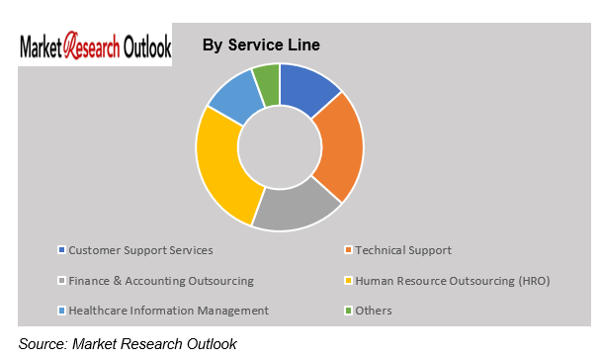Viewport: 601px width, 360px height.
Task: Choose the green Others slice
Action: [267, 80]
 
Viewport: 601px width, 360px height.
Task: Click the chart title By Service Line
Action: [261, 45]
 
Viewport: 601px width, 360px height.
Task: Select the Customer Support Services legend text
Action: [141, 250]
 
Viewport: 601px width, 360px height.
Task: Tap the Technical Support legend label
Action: [403, 250]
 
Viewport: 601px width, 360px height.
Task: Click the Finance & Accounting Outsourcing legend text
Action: [161, 281]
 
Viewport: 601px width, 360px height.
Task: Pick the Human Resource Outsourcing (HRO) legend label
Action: [452, 281]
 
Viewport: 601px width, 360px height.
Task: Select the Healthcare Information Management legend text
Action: [169, 311]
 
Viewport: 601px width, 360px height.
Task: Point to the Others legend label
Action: [375, 311]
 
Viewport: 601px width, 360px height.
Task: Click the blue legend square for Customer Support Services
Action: [62, 250]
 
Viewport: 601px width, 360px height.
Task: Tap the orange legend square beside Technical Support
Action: [348, 250]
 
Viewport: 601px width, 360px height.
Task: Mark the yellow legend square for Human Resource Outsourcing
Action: [348, 281]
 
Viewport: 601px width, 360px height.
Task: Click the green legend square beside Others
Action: [348, 311]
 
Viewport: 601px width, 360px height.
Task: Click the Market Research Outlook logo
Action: [95, 46]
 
